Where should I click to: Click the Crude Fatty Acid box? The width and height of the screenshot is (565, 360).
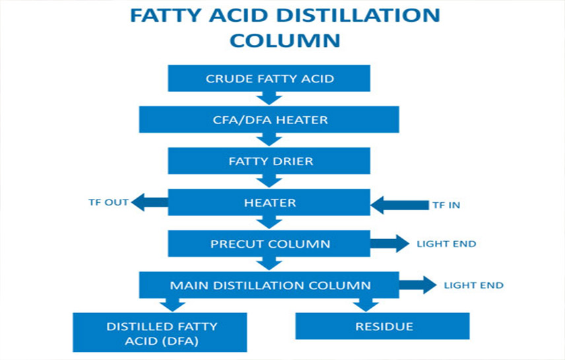click(x=269, y=79)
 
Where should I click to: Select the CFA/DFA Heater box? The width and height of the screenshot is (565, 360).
click(x=269, y=120)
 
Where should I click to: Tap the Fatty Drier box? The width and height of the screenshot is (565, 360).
click(x=269, y=161)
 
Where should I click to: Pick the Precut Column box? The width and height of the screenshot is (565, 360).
click(x=269, y=244)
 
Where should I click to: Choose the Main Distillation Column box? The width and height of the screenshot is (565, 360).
click(x=269, y=285)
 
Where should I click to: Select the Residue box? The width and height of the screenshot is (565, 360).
click(x=383, y=326)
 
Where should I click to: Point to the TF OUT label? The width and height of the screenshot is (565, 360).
click(x=108, y=202)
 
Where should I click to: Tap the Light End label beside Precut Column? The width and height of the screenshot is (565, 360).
click(x=446, y=244)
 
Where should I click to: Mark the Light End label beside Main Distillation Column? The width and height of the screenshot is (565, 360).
click(x=473, y=285)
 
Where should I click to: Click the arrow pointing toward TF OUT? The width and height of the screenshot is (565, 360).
click(x=150, y=203)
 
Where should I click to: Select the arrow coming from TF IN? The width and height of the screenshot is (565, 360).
click(x=399, y=204)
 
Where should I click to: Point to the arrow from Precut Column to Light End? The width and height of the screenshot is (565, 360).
click(x=389, y=244)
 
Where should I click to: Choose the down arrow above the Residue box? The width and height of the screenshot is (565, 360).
click(x=364, y=305)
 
